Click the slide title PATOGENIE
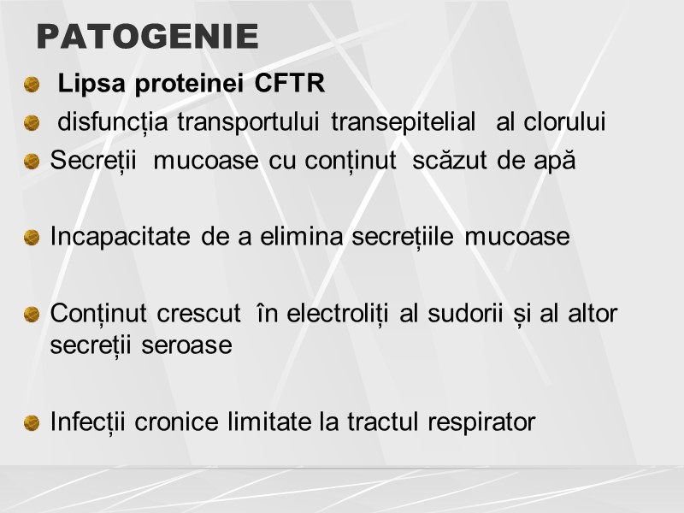(148, 37)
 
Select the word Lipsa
(89, 85)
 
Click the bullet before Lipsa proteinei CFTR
(32, 85)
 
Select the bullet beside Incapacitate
(32, 237)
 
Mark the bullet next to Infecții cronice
(32, 422)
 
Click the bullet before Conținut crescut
(32, 314)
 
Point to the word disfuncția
(114, 123)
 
